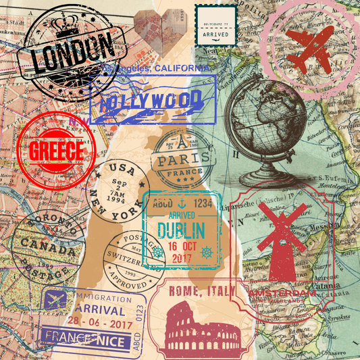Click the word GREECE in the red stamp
coord(55,149)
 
